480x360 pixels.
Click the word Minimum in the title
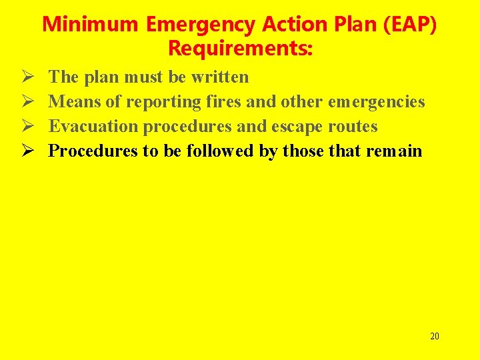91,25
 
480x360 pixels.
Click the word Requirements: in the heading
241,49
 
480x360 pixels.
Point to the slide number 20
434,336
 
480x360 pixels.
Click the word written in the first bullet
219,77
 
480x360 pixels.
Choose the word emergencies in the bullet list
376,102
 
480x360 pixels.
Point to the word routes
353,127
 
